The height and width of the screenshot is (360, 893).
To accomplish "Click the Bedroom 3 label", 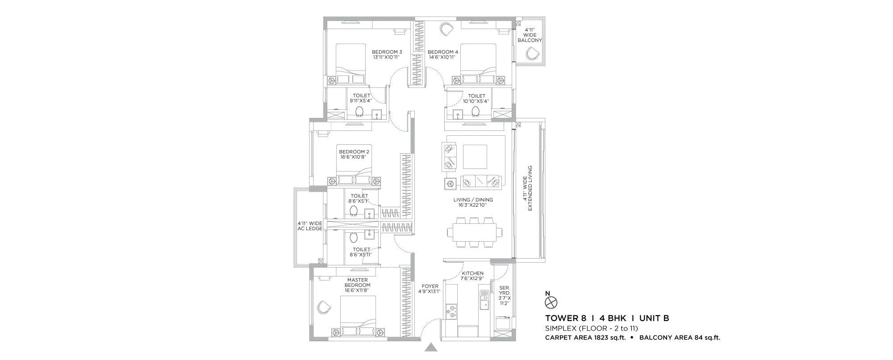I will (387, 52).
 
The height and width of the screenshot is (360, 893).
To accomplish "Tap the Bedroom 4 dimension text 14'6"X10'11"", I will (443, 57).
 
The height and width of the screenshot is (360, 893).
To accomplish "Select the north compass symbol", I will (551, 302).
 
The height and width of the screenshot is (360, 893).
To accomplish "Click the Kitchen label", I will (472, 273).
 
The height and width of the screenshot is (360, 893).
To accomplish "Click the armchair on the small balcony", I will (531, 54).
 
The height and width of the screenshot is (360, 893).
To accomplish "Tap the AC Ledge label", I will (310, 226).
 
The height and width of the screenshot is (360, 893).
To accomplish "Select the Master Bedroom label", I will (357, 283).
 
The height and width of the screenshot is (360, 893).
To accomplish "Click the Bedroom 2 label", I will (354, 151).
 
